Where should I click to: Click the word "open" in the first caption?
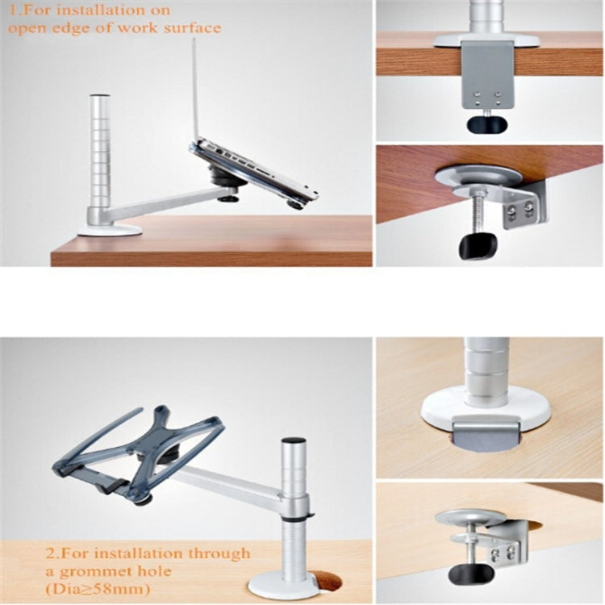pos(27,28)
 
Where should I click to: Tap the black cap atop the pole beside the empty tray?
pos(293,440)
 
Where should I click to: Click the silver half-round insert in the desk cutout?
pos(484,432)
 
